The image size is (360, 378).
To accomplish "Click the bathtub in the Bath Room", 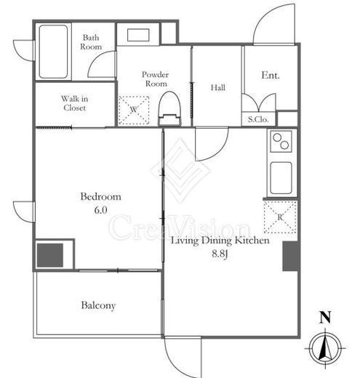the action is point(53,52).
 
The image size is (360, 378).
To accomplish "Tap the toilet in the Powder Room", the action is point(169,108).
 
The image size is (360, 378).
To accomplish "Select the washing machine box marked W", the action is point(134,110).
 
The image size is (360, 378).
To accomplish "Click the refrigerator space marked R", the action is point(280,217).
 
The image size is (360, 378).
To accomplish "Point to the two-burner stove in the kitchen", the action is point(281,142).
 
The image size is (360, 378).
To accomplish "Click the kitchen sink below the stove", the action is point(281,178).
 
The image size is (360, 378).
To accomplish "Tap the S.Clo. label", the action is point(258,119).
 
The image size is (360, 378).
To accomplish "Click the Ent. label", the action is point(271,75).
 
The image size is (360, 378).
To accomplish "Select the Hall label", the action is point(218,87).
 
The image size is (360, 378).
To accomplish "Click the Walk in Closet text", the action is point(74,103).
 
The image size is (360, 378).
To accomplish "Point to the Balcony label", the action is point(98,305).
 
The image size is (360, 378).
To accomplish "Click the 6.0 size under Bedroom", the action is point(100,210).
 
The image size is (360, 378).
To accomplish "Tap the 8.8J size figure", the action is point(220,254).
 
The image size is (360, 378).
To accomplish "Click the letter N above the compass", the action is point(325,317).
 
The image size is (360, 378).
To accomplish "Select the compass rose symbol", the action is point(325,347).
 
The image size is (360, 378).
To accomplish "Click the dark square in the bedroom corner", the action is point(50,255).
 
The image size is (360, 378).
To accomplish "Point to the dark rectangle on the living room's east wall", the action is point(290,256).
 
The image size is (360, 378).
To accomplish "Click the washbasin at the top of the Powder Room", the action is point(138,36).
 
